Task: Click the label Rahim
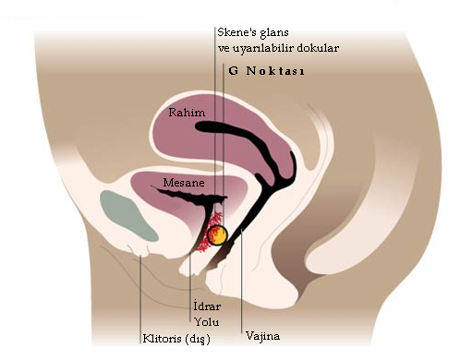(187, 113)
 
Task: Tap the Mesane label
(184, 183)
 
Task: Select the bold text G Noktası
(267, 71)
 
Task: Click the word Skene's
(237, 32)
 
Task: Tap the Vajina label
(263, 335)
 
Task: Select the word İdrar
(207, 306)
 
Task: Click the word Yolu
(207, 322)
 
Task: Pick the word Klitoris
(163, 339)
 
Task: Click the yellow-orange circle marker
(217, 235)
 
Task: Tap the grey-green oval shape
(128, 216)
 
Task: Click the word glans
(274, 33)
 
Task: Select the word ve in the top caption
(224, 49)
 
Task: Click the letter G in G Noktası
(234, 71)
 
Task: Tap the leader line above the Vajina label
(242, 281)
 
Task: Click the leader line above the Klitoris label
(140, 299)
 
